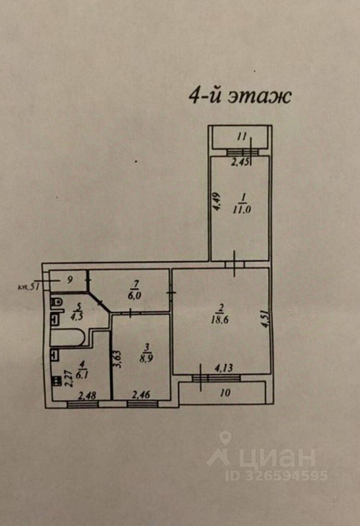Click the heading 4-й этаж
(239, 96)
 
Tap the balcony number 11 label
(242, 137)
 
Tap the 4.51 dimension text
(265, 319)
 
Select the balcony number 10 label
(225, 392)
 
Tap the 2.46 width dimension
(141, 394)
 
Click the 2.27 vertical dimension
(69, 378)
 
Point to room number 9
(70, 279)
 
